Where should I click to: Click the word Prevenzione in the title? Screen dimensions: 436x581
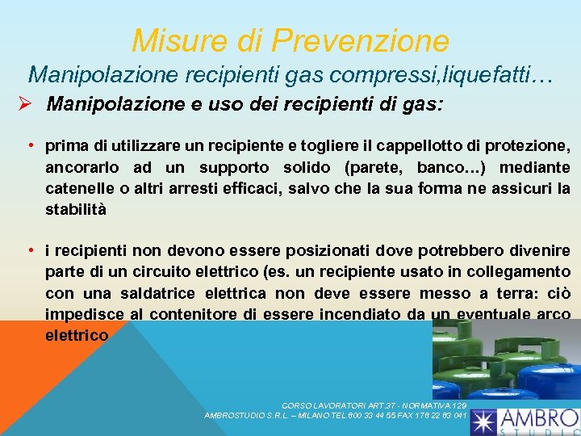coord(361,40)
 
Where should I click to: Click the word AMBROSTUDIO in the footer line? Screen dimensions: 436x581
coord(235,415)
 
